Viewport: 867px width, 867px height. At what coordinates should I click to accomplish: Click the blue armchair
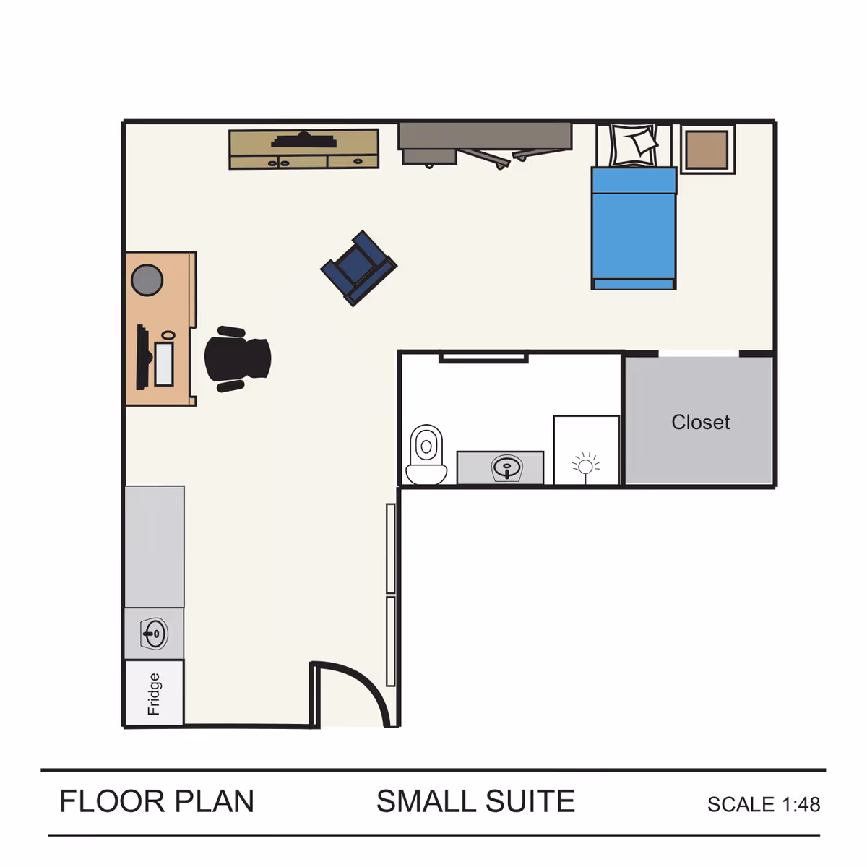pyautogui.click(x=358, y=268)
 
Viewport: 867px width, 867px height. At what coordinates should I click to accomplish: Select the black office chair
pyautogui.click(x=236, y=358)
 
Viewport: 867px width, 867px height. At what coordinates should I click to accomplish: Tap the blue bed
pyautogui.click(x=634, y=230)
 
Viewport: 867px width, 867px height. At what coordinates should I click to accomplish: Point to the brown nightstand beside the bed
pyautogui.click(x=707, y=150)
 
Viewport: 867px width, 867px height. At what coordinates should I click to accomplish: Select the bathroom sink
pyautogui.click(x=507, y=468)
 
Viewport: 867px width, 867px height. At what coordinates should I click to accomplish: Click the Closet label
pyautogui.click(x=700, y=422)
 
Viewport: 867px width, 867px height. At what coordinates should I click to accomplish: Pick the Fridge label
pyautogui.click(x=154, y=694)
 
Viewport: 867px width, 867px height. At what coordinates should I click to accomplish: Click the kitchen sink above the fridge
pyautogui.click(x=154, y=634)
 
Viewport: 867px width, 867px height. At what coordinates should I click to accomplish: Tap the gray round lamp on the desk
pyautogui.click(x=147, y=280)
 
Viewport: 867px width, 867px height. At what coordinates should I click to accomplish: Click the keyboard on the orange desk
pyautogui.click(x=164, y=363)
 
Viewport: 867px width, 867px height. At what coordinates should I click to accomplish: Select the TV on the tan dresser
pyautogui.click(x=303, y=139)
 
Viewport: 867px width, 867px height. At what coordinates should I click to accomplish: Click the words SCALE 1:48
pyautogui.click(x=763, y=804)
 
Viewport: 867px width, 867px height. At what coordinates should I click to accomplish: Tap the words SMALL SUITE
pyautogui.click(x=475, y=802)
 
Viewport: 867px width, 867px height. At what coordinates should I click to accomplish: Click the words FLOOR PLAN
pyautogui.click(x=157, y=802)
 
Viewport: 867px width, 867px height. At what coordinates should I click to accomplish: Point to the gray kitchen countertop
pyautogui.click(x=154, y=546)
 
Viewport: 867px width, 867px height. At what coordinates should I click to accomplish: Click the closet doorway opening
pyautogui.click(x=699, y=354)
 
